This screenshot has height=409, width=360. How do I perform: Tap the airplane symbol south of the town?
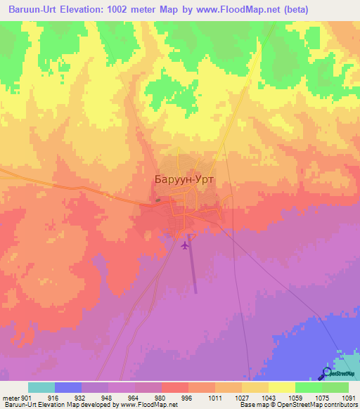click(185, 245)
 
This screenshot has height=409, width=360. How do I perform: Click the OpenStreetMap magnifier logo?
click(328, 373)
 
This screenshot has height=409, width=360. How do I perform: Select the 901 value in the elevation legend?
click(27, 397)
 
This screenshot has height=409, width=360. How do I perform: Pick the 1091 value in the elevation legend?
click(349, 397)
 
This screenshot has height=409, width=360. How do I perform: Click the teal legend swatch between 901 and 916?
click(41, 387)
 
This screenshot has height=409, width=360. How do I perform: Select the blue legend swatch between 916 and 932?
click(67, 387)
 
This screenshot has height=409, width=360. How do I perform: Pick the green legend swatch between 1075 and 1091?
click(335, 387)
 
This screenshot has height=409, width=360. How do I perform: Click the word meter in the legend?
click(11, 397)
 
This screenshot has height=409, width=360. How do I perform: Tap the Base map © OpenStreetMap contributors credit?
click(297, 405)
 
